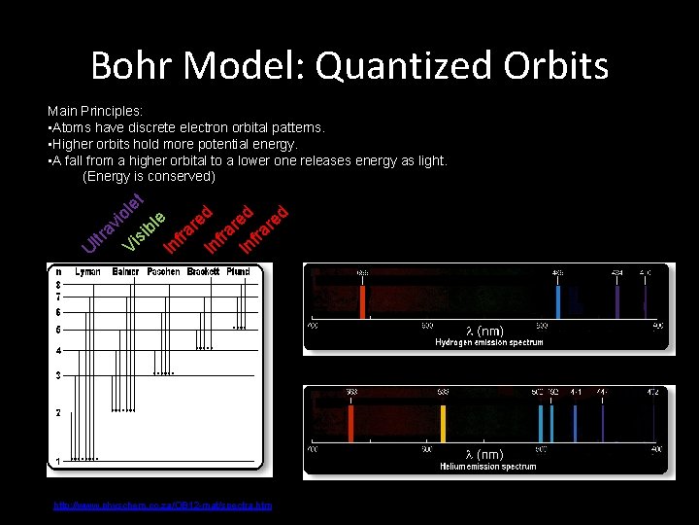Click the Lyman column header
pos(87,271)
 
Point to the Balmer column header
pos(125,271)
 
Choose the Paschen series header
pos(164,271)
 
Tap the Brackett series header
pos(203,271)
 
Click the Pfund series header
pos(238,271)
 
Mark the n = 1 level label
pos(57,460)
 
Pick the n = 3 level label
pos(57,375)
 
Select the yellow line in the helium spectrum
pos(443,422)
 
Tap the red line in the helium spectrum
pos(350,422)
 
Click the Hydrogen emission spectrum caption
pos(488,342)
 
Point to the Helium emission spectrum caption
pos(488,467)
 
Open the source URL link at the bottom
pos(162,505)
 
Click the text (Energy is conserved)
pos(150,176)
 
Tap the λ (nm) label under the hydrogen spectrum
pos(484,331)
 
